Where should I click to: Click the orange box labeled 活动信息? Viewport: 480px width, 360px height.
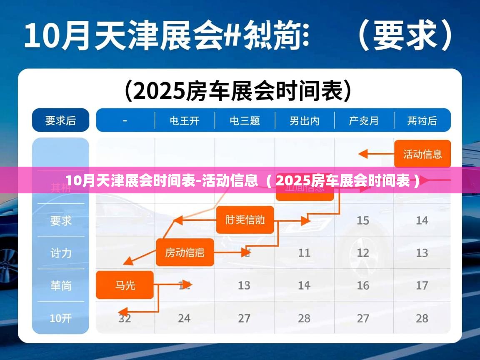click(422, 154)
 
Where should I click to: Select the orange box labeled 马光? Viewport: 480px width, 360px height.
click(125, 285)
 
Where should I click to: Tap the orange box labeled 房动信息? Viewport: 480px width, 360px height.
click(185, 252)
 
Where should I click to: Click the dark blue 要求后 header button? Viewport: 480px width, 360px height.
click(61, 120)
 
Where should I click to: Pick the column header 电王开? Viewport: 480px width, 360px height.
click(185, 121)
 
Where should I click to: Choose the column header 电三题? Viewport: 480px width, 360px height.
click(245, 121)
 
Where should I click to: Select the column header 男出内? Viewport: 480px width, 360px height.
click(304, 121)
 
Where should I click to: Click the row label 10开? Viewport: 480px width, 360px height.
click(61, 319)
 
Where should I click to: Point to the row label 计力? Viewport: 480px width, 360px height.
click(61, 253)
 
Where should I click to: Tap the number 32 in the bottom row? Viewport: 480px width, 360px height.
click(125, 319)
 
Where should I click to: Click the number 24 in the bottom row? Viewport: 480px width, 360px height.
click(184, 319)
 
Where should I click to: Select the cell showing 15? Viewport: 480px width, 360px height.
click(363, 220)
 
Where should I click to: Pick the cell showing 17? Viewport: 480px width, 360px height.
click(422, 285)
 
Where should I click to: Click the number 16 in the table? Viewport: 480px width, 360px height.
click(363, 285)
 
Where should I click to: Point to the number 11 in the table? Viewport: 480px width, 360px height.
click(304, 252)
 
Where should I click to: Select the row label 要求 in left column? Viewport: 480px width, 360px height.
click(61, 220)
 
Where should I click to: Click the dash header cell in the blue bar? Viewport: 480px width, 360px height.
click(125, 121)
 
